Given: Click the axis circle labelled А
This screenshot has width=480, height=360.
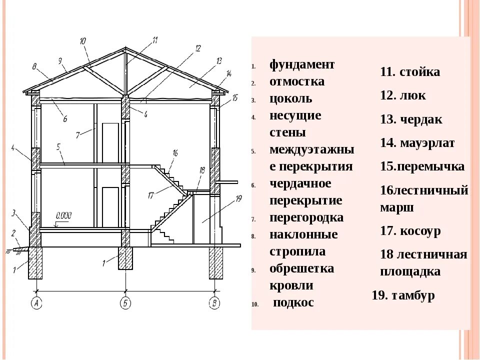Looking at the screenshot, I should [x=35, y=302].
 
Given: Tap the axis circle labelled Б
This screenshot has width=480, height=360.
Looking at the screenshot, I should [x=125, y=302].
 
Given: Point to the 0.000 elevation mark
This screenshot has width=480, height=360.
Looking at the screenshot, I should [x=64, y=215].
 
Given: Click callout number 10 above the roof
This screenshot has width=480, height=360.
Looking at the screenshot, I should [x=82, y=41].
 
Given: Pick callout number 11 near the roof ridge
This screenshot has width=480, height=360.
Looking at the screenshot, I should [x=155, y=39].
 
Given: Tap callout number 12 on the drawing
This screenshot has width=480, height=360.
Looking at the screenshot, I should [x=198, y=48].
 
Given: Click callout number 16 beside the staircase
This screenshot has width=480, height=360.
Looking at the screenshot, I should [x=175, y=152].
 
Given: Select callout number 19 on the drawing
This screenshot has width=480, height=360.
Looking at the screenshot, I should [x=238, y=199].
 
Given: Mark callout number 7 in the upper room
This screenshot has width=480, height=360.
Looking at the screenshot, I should [x=78, y=135].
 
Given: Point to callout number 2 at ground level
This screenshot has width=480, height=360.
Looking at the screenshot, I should [x=13, y=232].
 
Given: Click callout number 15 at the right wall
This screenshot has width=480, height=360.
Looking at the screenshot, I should [x=235, y=97].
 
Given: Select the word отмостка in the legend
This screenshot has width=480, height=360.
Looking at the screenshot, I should [x=297, y=81].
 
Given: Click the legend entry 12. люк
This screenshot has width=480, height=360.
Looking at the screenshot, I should [x=403, y=95].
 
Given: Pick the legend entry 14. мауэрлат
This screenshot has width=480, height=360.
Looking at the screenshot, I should [x=417, y=143].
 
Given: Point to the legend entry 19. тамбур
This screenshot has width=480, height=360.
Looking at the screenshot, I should [x=403, y=295].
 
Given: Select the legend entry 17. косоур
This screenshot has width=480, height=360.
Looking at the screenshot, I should [x=410, y=231].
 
